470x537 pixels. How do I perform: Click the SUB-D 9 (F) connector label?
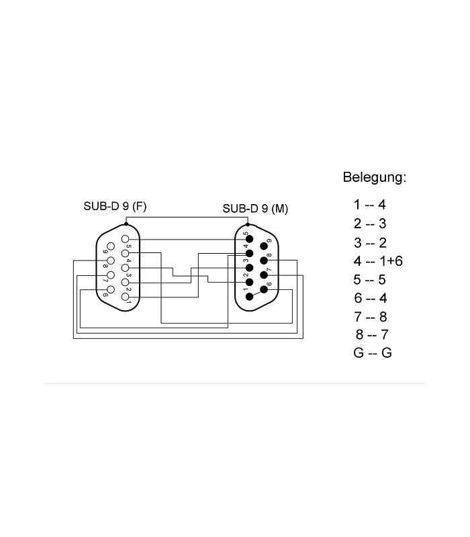115,206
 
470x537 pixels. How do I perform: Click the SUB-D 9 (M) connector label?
255,209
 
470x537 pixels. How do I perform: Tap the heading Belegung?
375,177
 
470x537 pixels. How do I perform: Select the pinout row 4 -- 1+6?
378,261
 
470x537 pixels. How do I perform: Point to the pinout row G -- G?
373,353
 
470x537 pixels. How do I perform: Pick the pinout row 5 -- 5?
370,279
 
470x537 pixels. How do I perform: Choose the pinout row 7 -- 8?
371,317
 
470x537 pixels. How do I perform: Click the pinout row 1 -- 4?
370,205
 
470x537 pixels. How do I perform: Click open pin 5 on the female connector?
126,239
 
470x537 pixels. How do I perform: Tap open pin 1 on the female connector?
126,297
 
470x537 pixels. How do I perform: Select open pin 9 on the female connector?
111,246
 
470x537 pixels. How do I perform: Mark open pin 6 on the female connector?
111,289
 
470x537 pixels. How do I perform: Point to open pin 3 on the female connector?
126,268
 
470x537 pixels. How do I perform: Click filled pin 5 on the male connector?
249,239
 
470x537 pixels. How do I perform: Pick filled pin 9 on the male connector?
264,246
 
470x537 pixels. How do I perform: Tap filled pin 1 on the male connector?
249,297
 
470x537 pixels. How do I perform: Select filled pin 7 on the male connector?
264,275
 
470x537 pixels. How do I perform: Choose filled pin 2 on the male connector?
249,282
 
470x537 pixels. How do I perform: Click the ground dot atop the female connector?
126,224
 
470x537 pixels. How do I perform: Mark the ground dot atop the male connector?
248,225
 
